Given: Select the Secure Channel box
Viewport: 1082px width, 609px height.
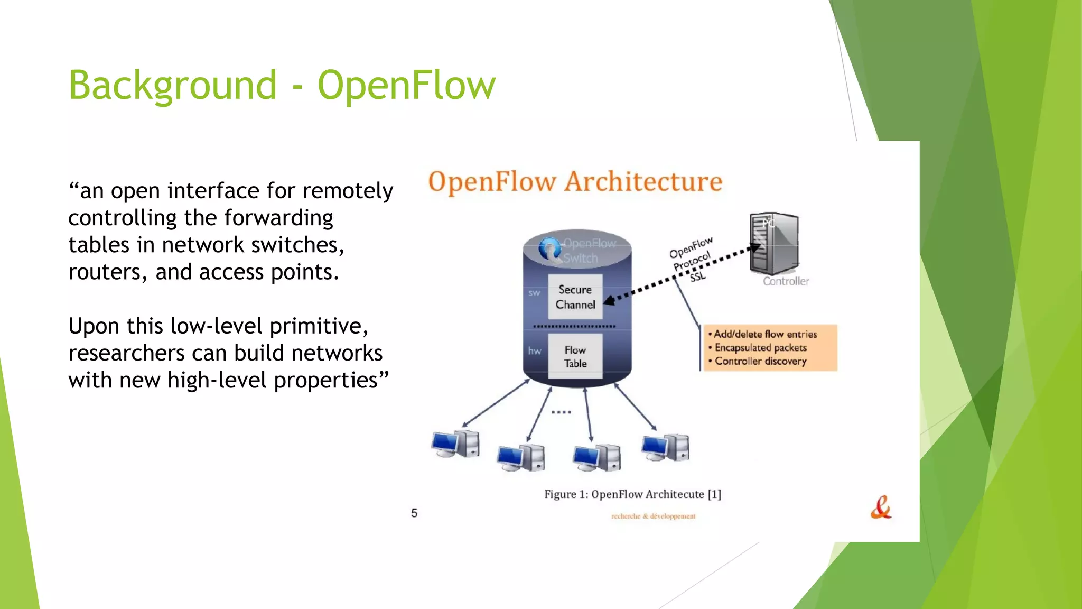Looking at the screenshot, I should click(575, 297).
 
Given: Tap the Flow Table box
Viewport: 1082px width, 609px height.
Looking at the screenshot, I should click(575, 356).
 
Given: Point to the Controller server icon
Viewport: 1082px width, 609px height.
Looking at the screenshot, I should click(775, 243).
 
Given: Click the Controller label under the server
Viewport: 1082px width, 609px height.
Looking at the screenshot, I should click(786, 281).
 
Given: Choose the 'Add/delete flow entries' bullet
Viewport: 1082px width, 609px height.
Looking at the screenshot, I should click(765, 334).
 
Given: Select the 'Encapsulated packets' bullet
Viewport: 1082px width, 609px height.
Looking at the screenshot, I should click(760, 348).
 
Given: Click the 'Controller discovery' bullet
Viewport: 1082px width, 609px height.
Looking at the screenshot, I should click(760, 362).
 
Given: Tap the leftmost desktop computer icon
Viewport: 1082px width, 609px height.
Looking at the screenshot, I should click(455, 443).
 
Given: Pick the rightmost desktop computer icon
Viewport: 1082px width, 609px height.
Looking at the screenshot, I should click(665, 447).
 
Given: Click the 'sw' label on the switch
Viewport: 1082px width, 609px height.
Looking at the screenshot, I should click(534, 293).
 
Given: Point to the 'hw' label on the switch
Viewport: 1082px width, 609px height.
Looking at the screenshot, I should click(535, 350).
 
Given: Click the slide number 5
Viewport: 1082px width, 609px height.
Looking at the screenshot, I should click(414, 513).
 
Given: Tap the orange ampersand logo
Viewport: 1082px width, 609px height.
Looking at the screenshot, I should click(881, 508).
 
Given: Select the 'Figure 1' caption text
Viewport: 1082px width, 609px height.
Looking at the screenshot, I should click(632, 494).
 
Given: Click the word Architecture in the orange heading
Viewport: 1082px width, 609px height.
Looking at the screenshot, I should click(643, 182).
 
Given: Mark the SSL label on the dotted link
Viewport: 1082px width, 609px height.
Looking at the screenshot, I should click(697, 276).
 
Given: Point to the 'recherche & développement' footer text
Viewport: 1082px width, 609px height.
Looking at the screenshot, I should click(654, 516).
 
